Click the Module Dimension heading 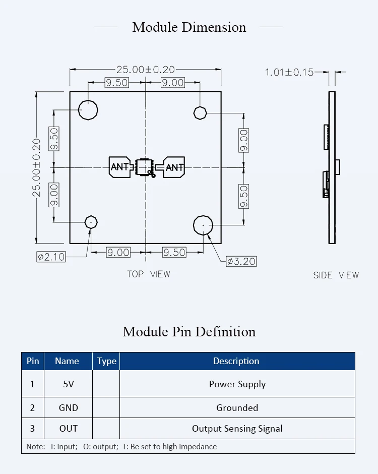click(189, 27)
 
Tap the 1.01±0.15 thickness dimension click(289, 72)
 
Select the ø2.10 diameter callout click(51, 257)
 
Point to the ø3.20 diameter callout click(241, 261)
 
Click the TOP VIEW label click(148, 274)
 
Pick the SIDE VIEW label click(336, 275)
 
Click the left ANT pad click(119, 167)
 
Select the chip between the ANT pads click(145, 167)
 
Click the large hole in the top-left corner click(88, 109)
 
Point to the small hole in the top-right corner click(200, 112)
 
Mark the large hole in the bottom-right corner click(203, 225)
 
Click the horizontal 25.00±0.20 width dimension click(146, 70)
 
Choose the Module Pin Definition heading click(189, 332)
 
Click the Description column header click(236, 361)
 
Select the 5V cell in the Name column click(69, 384)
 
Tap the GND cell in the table click(69, 408)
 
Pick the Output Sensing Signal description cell click(237, 429)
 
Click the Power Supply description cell click(237, 384)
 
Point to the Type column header click(106, 361)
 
